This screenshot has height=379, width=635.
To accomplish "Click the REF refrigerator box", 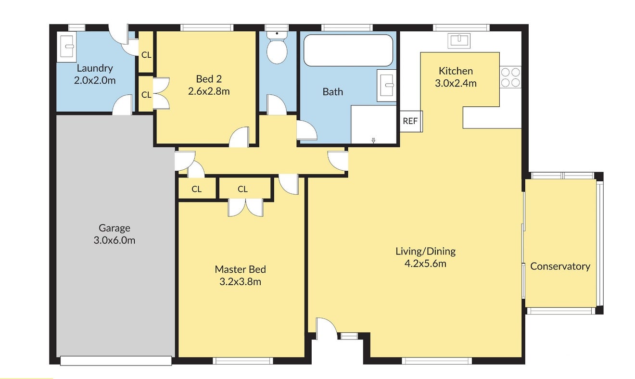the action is [411, 121].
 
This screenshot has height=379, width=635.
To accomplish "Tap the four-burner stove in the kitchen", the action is [510, 77].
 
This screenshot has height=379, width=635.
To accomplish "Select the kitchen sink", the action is [459, 40].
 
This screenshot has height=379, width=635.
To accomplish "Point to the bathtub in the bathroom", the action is [348, 50].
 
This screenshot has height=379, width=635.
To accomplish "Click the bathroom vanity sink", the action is [386, 85].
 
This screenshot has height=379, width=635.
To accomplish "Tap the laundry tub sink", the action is [66, 47].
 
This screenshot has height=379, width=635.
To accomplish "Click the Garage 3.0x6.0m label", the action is [114, 234].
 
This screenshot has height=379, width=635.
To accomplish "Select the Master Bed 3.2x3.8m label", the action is [241, 275].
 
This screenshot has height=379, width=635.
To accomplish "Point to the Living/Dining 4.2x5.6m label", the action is [426, 257].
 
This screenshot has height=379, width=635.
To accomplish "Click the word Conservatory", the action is [560, 266].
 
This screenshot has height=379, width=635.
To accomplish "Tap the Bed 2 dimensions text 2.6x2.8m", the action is [209, 91].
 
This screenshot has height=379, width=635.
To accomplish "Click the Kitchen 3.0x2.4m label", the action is [456, 77].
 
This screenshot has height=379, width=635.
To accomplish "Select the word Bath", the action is [333, 91].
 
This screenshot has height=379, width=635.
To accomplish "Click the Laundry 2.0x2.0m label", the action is [95, 74].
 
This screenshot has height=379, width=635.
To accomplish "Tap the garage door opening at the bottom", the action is [116, 361].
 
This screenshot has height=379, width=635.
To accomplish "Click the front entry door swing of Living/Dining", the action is [327, 328].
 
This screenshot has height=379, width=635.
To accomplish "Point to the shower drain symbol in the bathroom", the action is [374, 140].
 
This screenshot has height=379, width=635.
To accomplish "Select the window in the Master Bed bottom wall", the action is [243, 361].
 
